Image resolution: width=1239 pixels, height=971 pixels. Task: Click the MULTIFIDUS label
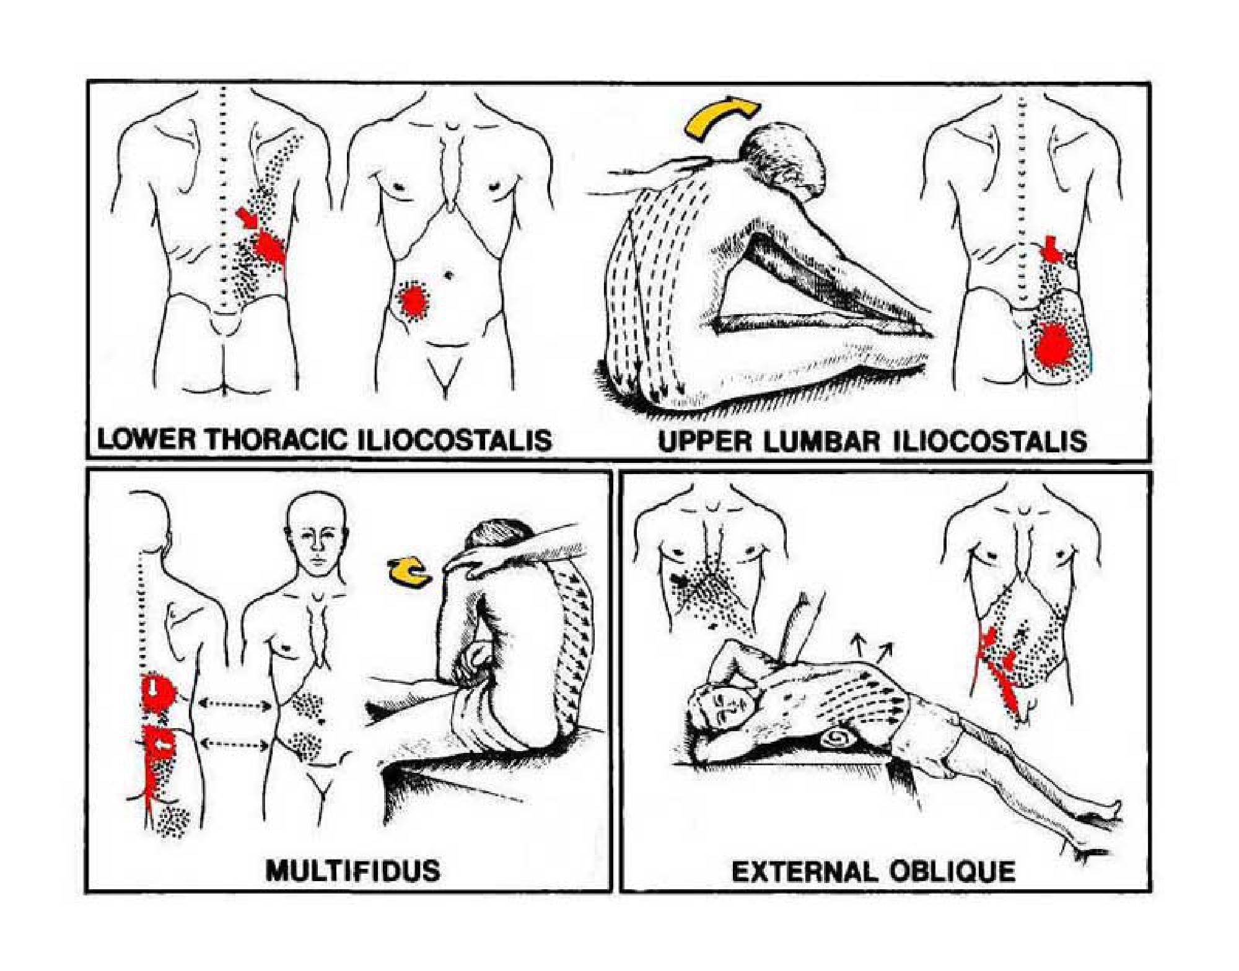[x=352, y=870]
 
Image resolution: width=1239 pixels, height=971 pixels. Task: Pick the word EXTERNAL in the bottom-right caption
[x=806, y=872]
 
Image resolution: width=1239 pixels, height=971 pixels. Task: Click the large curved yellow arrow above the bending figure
[x=722, y=117]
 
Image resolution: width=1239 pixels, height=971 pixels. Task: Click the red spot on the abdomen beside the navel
[x=412, y=301]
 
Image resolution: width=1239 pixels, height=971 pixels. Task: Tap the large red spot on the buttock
[x=1057, y=348]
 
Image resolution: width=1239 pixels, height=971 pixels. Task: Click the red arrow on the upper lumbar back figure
[x=1051, y=248]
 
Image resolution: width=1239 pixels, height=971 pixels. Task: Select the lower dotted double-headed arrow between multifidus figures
[x=236, y=744]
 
